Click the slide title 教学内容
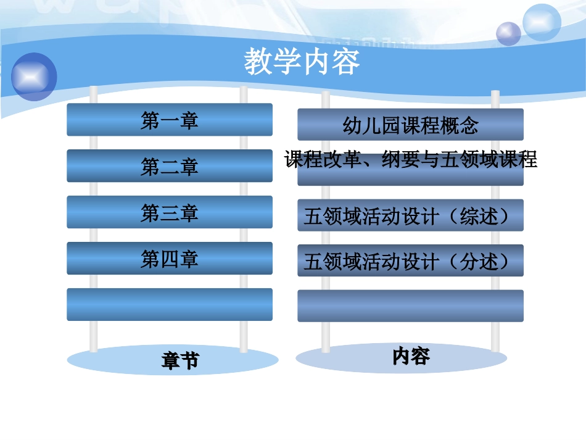tap(302, 62)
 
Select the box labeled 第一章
tap(170, 120)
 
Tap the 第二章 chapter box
tap(170, 166)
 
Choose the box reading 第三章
tap(170, 212)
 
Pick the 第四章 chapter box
tap(170, 259)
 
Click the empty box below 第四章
tap(170, 304)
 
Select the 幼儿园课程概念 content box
tap(410, 125)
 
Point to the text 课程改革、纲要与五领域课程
tap(411, 160)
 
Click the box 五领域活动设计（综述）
tap(410, 216)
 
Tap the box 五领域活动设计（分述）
tap(410, 262)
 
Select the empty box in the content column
tap(410, 306)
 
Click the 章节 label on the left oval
tap(180, 360)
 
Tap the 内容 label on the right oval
tap(411, 356)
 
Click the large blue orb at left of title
tap(34, 77)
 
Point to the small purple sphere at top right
tap(509, 33)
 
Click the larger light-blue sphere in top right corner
tap(542, 22)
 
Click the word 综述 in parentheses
tap(479, 217)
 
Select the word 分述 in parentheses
tap(479, 262)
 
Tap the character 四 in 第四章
tap(170, 259)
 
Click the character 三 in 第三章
tap(170, 213)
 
